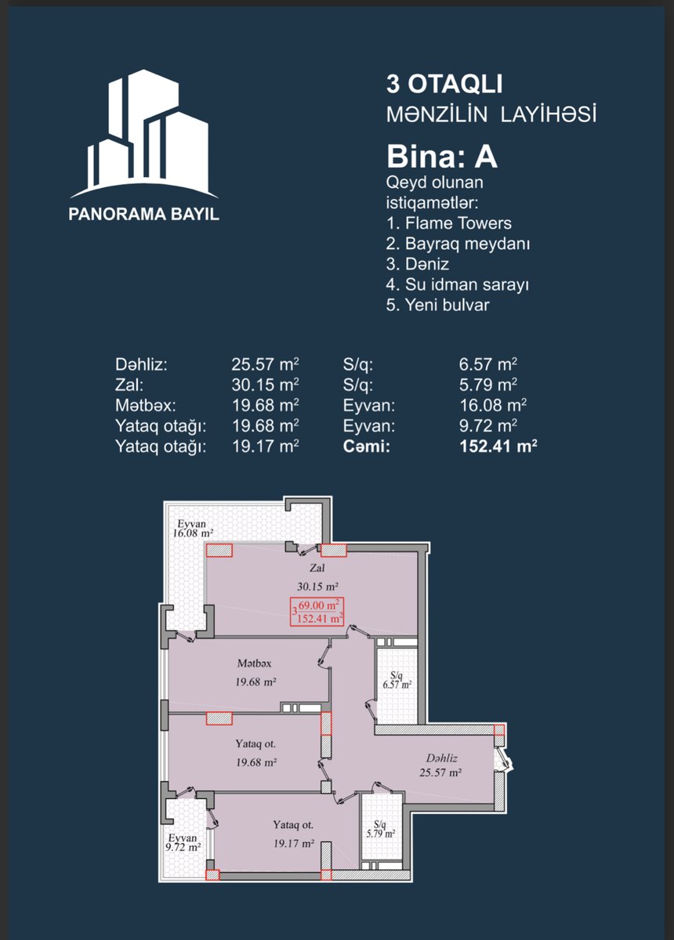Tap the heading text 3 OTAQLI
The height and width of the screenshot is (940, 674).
pos(444,84)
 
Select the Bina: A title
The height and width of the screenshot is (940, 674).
pos(442,157)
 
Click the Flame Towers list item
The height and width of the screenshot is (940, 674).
pos(449,222)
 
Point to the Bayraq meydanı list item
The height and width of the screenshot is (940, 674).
pos(458,244)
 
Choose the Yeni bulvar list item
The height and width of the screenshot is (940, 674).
pos(437,305)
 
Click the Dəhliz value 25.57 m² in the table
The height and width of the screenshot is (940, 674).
pos(265,364)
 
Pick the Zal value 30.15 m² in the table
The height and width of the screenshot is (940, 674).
pos(265,385)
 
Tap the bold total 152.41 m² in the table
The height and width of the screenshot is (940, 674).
pos(498,446)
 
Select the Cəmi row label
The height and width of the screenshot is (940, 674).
pos(366,446)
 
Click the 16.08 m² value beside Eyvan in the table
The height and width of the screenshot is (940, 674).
pos(493,406)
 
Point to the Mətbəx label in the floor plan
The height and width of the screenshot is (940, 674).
pos(254,663)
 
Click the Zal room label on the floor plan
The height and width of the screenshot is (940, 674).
pos(317,568)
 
